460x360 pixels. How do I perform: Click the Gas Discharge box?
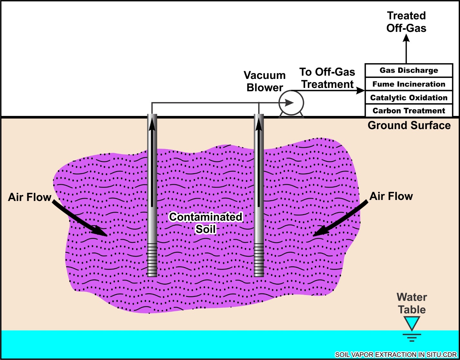(x=409, y=71)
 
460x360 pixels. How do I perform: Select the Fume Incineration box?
(x=409, y=84)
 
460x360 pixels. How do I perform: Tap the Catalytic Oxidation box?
(x=409, y=98)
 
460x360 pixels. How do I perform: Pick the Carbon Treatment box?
(x=409, y=111)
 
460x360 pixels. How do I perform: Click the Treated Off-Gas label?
(x=406, y=22)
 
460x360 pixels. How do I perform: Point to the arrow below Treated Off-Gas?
(x=406, y=48)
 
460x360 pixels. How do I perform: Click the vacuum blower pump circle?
(x=291, y=103)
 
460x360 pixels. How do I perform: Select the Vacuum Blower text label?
(x=265, y=81)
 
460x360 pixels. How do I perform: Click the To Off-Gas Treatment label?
(x=327, y=78)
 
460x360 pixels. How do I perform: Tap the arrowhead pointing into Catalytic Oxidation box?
(x=361, y=90)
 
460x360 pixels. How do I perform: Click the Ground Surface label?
(x=409, y=125)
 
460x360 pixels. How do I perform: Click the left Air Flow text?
(x=30, y=197)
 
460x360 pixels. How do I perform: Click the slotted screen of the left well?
(x=152, y=260)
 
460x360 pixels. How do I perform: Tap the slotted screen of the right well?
(x=259, y=260)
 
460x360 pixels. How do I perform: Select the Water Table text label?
(x=412, y=303)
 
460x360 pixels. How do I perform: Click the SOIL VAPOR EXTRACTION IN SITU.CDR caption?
(x=396, y=355)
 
